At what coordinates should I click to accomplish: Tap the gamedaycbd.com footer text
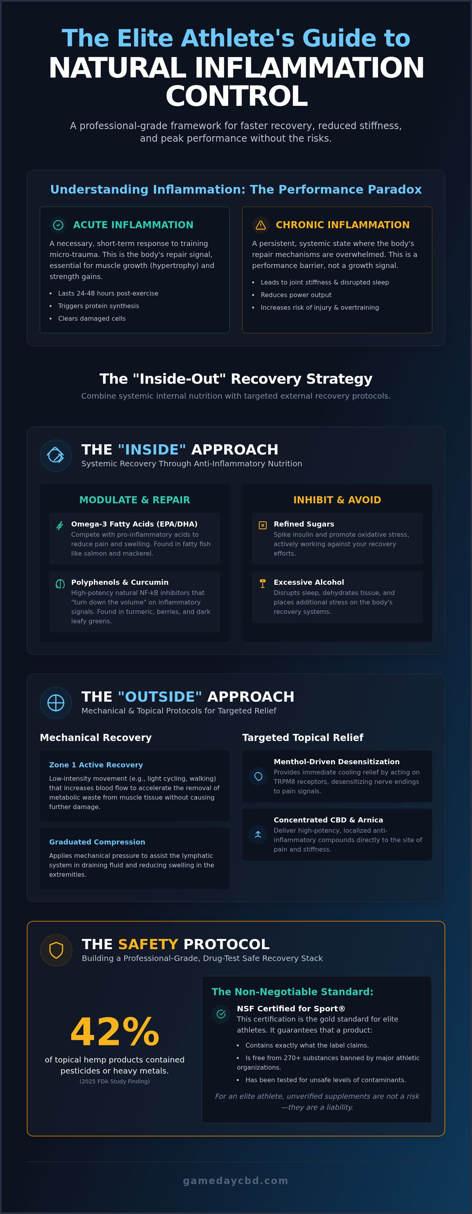coord(236,1180)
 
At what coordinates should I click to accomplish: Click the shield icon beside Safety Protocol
coord(56,950)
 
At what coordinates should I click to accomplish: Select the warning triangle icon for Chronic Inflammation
coord(260,225)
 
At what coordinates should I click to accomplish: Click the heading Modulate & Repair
coord(135,500)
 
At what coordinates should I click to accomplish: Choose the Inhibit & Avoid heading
coord(337,500)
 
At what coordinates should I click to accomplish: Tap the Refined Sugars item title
coord(304,524)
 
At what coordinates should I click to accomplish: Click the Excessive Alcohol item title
coord(308,582)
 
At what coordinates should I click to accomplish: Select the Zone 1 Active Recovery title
coord(96,765)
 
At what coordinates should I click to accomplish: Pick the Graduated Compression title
coord(97,842)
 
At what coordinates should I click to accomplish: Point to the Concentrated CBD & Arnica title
coord(328,820)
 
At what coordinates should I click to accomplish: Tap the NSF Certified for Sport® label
coord(291,1009)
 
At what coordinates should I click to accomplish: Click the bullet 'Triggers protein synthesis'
coord(98,306)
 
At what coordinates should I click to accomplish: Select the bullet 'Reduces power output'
coord(296,295)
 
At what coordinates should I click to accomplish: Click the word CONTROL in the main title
coord(236,96)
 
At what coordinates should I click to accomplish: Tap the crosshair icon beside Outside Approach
coord(56,703)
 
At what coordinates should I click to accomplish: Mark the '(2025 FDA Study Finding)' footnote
coord(114,1081)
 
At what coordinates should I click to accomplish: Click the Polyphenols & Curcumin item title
coord(120,582)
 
